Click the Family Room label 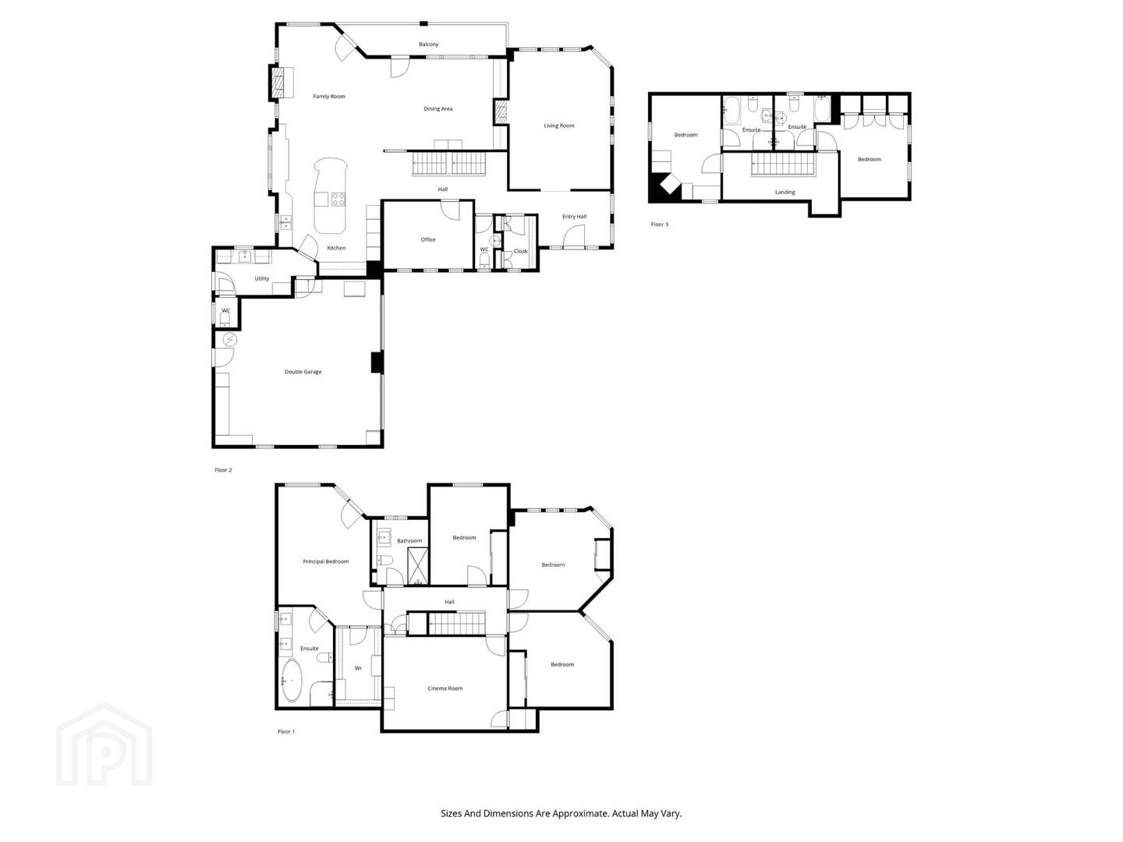point(329,96)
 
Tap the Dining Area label point(438,108)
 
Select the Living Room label point(558,126)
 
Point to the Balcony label point(428,44)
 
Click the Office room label point(428,239)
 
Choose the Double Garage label point(303,372)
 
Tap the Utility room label point(262,278)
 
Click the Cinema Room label point(445,688)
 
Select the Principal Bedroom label point(325,561)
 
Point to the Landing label point(785,193)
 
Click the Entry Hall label point(574,216)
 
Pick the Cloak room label point(521,251)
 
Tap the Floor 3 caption point(660,224)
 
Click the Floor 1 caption point(286,731)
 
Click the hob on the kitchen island point(338,199)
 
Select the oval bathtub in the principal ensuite point(292,681)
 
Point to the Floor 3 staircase point(783,165)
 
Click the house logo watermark point(105,745)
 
